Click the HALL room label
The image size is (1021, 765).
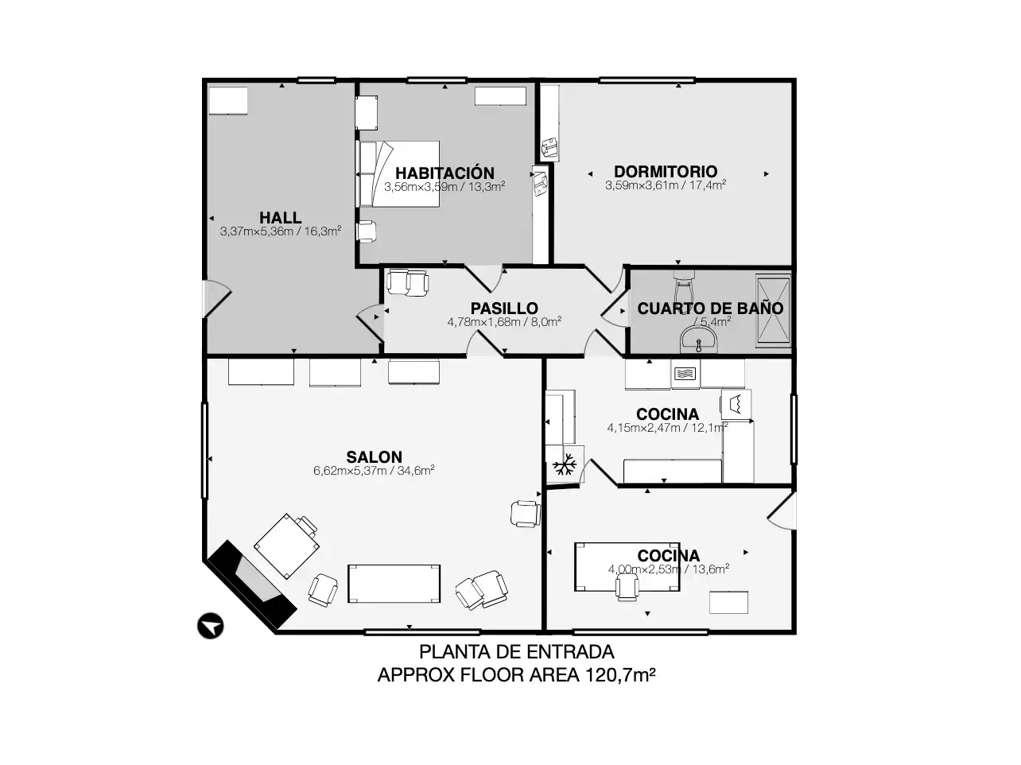280,218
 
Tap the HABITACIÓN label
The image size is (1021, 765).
445,173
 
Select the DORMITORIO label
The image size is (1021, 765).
666,172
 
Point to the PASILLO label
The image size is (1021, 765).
504,309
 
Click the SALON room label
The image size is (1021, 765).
374,456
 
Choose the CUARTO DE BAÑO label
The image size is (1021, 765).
710,309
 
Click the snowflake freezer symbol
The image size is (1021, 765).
565,464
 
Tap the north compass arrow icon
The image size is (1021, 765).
210,626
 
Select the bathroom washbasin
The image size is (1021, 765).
699,340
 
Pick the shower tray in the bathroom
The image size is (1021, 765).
773,310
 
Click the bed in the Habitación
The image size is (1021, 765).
399,174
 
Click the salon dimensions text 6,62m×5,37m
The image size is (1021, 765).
350,471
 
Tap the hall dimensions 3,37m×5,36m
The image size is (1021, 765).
256,231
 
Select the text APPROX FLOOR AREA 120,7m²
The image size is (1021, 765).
516,674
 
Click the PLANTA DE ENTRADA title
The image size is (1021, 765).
516,652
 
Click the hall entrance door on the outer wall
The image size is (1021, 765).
216,298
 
